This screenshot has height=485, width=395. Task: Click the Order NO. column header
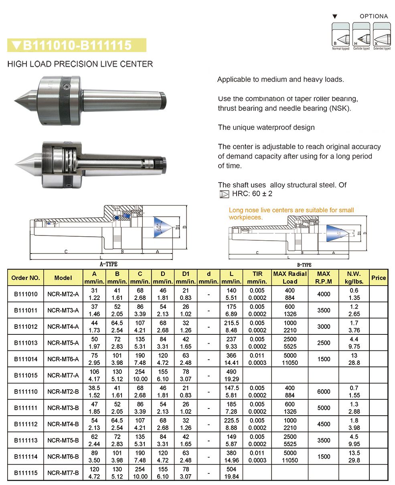pos(26,278)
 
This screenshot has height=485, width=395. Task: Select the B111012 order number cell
pos(26,326)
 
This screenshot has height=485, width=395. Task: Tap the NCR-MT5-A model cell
pos(63,343)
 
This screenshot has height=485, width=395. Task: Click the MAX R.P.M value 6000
pos(323,392)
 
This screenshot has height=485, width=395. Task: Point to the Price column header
pos(378,278)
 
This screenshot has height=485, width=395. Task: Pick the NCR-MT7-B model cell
pos(63,473)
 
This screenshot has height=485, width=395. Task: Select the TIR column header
pos(257,278)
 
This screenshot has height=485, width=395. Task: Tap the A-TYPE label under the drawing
pos(109,264)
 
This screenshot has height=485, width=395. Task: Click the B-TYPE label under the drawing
pos(304,265)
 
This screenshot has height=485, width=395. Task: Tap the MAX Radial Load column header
pos(290,278)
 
